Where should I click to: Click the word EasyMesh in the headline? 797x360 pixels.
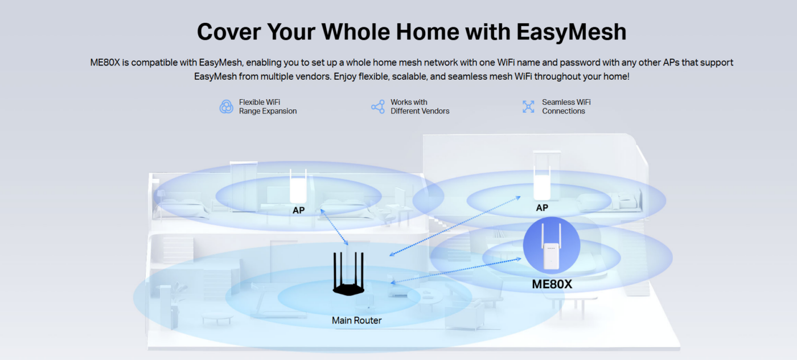point(571,32)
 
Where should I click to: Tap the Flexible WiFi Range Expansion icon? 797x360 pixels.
point(227,107)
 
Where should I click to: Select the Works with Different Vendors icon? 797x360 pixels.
point(378,107)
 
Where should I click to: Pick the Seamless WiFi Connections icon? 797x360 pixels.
point(528,107)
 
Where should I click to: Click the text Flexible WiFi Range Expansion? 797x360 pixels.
point(268,107)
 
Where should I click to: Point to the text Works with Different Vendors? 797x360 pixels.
point(420,107)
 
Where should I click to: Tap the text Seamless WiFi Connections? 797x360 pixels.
point(566,107)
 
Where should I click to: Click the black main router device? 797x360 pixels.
point(348,273)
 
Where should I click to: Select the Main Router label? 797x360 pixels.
point(356,321)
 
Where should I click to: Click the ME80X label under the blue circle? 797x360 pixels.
point(552,284)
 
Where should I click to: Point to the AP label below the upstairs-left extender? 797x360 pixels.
point(298,210)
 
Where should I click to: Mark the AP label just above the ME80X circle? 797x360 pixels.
point(542,208)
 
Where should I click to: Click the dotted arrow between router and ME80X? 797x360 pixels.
point(456,271)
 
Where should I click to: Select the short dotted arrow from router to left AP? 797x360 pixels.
point(335,227)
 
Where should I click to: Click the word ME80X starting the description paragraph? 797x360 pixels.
point(105,63)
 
